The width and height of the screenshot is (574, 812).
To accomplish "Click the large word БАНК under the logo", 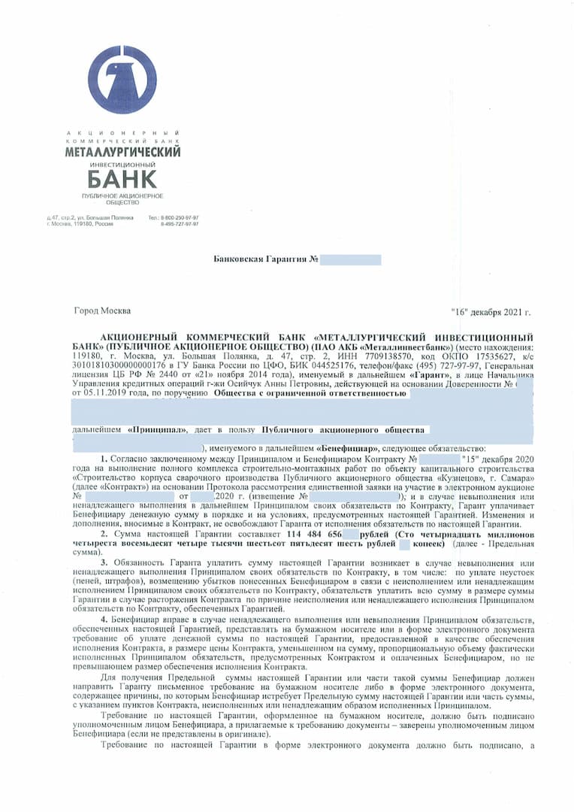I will point(122,179).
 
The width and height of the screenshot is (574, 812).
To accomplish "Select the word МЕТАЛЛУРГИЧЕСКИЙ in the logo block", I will point(123,152).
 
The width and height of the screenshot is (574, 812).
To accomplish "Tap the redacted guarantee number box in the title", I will point(350,260).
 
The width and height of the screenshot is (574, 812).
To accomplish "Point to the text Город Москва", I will point(102,311).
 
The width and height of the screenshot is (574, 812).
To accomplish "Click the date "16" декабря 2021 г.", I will point(491,311).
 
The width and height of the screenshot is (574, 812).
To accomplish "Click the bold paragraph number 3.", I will point(105,563).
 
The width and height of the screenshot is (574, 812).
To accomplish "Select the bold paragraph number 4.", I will point(105,618).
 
